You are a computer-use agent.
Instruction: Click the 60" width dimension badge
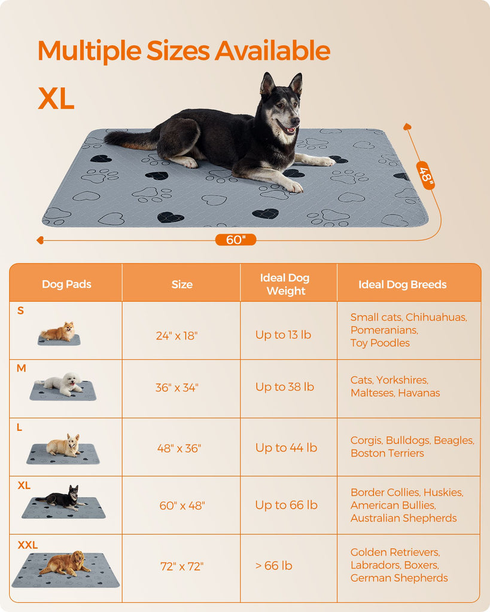point(236,240)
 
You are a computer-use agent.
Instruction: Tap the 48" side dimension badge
point(425,175)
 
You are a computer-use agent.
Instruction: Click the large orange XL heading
point(56,99)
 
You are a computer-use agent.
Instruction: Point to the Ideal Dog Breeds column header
point(403,284)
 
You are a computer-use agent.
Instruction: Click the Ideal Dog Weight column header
point(285,284)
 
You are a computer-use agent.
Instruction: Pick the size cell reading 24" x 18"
point(176,336)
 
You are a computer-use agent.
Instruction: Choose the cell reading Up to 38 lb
point(284,387)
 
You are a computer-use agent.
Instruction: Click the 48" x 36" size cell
point(179,448)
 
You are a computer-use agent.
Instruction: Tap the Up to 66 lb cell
point(286,505)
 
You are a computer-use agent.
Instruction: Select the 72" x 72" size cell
point(182,567)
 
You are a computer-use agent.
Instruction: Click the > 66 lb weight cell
point(273,565)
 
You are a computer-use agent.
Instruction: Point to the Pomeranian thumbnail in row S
point(59,333)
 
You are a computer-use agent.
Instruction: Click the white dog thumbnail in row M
point(63,386)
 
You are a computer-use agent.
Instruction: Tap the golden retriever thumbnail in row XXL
point(66,569)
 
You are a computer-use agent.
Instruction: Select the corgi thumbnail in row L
point(63,448)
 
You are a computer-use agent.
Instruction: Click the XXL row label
point(28,545)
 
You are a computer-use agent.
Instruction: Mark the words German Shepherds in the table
point(399,578)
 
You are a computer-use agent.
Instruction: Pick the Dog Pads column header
point(66,284)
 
